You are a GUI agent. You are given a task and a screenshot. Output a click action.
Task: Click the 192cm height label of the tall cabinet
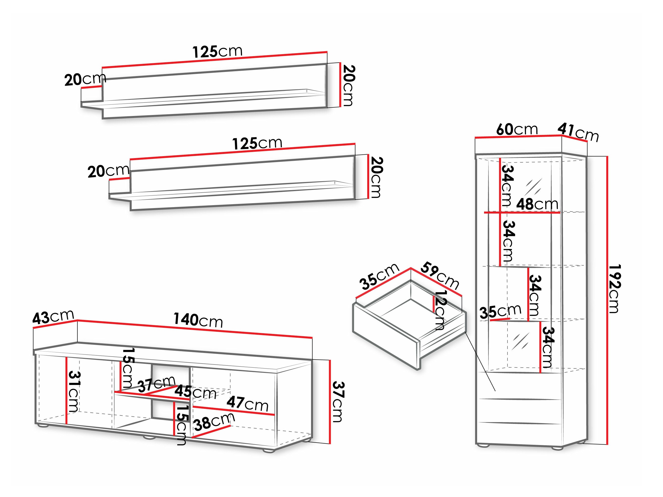pos(614,288)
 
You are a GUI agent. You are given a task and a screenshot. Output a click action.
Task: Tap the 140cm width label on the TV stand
pos(198,320)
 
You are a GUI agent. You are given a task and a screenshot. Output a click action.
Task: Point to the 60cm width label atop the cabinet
pos(517,129)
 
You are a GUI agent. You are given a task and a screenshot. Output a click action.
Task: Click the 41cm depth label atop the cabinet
pos(578,133)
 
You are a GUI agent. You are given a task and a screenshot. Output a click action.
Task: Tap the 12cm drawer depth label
pos(440,310)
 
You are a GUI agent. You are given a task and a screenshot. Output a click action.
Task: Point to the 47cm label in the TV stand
pos(247,403)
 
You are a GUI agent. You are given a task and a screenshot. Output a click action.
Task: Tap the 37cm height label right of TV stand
pos(338,401)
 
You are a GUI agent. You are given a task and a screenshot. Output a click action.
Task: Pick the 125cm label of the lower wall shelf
pos(257,143)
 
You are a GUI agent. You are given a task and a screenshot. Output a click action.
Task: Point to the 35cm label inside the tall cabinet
pos(500,311)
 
